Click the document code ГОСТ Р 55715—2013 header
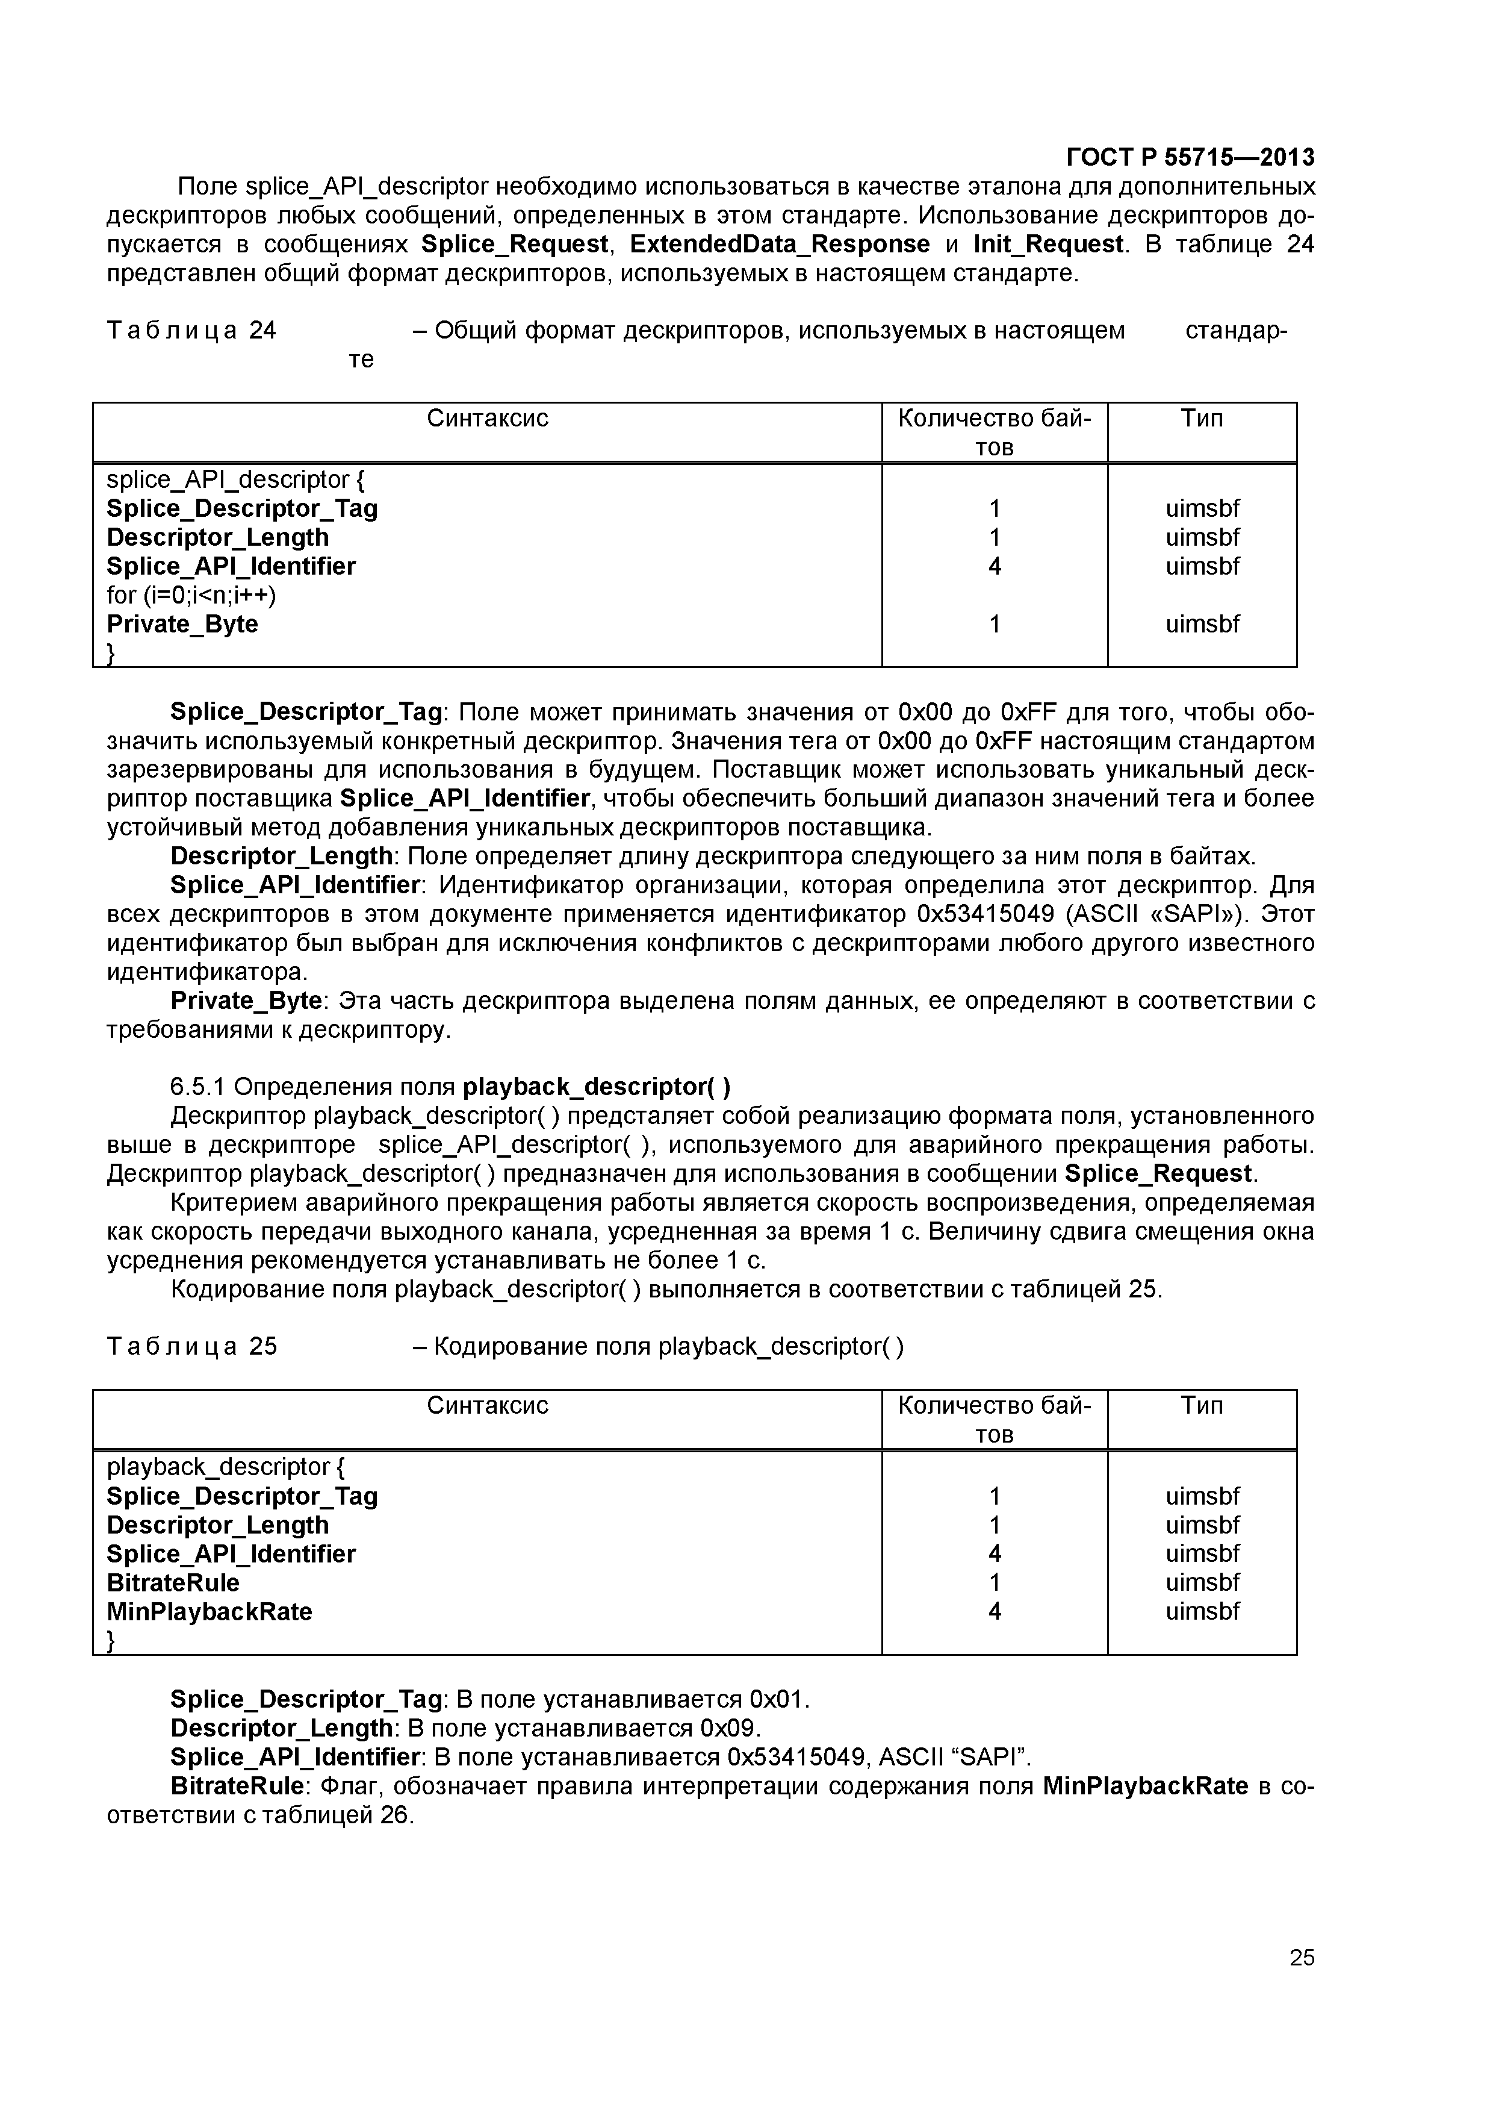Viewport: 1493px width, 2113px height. [1190, 157]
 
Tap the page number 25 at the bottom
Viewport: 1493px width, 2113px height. [1302, 1982]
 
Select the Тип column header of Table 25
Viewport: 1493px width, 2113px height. [1202, 1405]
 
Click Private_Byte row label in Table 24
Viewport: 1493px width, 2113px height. [182, 624]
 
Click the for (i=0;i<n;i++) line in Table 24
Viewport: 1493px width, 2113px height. [191, 596]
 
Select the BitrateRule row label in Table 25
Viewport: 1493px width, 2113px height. [173, 1583]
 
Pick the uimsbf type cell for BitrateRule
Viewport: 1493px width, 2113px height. [1202, 1583]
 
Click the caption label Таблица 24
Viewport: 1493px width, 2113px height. [191, 331]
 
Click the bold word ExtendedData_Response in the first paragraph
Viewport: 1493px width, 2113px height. [779, 244]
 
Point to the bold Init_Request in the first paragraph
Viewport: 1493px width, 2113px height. [1048, 244]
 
